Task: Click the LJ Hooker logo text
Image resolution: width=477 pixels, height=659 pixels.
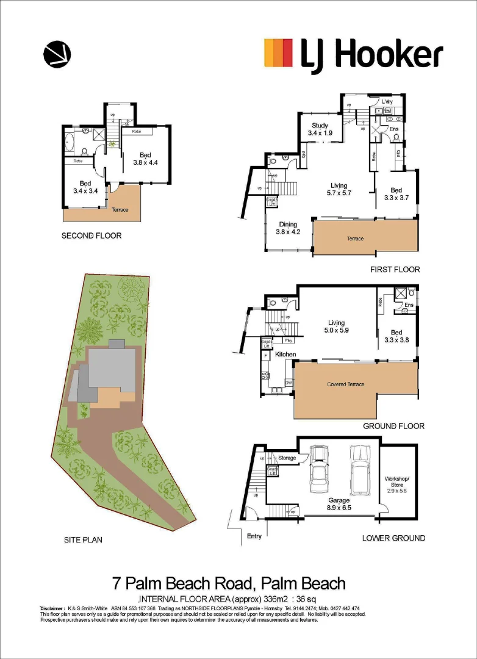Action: coord(371,55)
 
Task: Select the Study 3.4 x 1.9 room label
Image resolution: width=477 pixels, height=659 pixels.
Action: coord(320,129)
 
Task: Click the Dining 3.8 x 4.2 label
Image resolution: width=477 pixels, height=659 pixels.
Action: coord(288,228)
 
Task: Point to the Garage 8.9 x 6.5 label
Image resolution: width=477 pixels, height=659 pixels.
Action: coord(340,503)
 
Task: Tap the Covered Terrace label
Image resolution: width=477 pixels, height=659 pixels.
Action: coord(345,384)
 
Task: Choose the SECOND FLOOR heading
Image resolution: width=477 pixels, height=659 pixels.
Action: coord(91,236)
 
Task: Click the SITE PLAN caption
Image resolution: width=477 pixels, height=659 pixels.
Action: coord(83,539)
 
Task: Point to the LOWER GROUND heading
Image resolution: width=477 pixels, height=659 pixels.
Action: coord(393,538)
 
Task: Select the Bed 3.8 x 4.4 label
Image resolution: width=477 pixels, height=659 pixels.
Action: coord(145,159)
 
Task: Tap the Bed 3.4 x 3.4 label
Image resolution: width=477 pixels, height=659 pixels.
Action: coord(85,187)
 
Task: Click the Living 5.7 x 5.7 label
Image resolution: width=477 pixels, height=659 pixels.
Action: coord(339,189)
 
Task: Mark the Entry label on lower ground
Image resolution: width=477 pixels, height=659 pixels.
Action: coord(255,536)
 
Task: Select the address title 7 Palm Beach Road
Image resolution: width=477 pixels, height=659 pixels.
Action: coord(229,583)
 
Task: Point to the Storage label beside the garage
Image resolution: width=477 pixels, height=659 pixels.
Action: coord(287,458)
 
